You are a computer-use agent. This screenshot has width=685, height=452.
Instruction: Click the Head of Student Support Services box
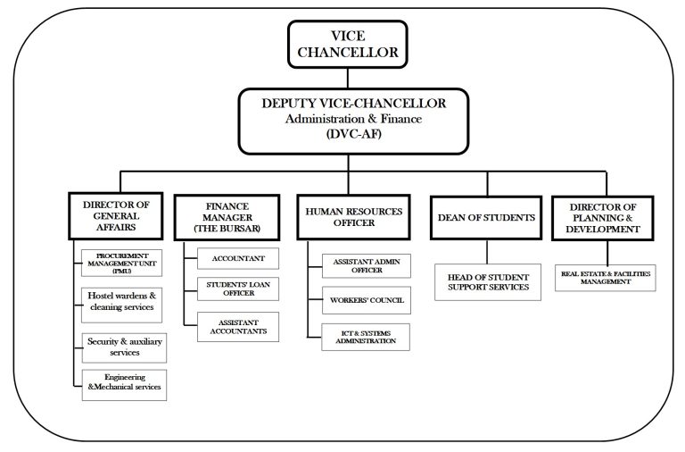488,281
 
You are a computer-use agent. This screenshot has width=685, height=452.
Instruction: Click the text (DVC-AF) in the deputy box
354,135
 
